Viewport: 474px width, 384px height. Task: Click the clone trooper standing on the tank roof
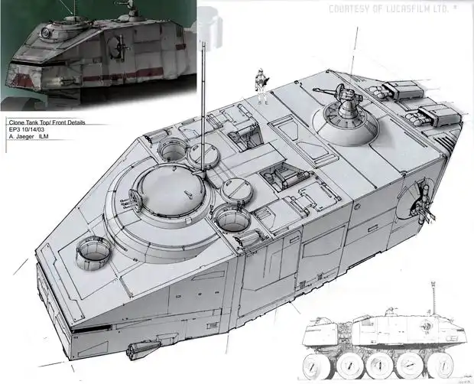[x=261, y=86]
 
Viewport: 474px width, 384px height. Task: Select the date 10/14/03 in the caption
[x=29, y=129]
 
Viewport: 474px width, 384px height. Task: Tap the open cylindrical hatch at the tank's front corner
[x=93, y=252]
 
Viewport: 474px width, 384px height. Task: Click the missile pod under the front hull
[x=143, y=348]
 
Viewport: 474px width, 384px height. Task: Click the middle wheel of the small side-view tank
[x=378, y=365]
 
